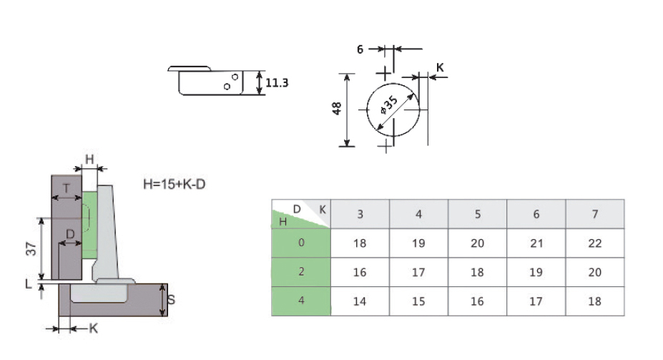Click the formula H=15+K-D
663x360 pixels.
[x=175, y=184]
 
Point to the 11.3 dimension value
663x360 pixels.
[x=277, y=83]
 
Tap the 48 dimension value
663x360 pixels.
[x=337, y=109]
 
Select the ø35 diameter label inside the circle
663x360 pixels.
[x=389, y=105]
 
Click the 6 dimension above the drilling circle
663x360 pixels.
[x=360, y=49]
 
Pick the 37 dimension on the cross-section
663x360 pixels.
[x=31, y=248]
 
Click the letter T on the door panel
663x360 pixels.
[x=67, y=189]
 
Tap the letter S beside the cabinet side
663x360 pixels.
[x=171, y=300]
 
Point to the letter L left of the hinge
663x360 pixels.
[x=29, y=283]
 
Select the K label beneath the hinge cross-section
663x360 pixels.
[x=94, y=329]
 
